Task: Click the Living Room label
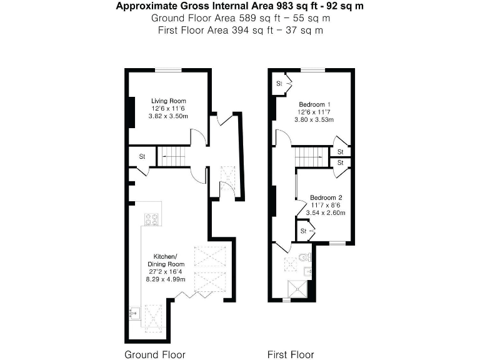169,101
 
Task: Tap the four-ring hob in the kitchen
151,219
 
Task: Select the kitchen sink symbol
134,312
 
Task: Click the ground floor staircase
172,156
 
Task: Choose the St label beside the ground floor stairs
142,157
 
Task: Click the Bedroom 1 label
315,104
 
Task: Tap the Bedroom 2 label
326,197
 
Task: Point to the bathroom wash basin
307,271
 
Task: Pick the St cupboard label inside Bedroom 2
303,231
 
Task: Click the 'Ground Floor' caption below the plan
155,354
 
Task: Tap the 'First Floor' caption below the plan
291,354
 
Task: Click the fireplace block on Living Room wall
131,113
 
